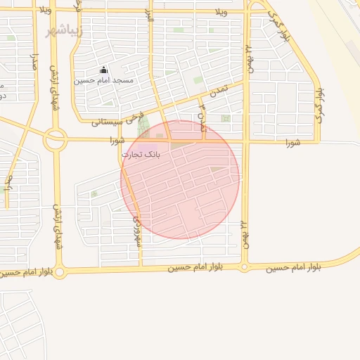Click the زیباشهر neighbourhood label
[64, 32]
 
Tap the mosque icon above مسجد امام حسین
[104, 70]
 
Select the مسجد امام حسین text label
[104, 81]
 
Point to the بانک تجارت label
[141, 154]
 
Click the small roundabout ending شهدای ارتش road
[59, 272]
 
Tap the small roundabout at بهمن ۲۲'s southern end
[244, 267]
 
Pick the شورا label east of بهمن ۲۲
[292, 143]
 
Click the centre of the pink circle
[180, 179]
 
